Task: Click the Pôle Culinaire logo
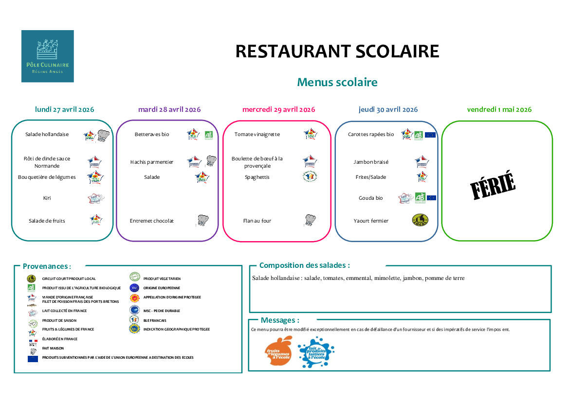pos(47,56)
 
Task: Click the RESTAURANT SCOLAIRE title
pos(337,51)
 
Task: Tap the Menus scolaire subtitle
pos(337,82)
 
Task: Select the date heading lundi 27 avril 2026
pos(65,109)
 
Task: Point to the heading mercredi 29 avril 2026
pos(278,109)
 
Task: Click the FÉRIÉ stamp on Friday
pos(493,185)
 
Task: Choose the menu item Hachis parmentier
pos(152,162)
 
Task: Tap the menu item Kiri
pos(47,198)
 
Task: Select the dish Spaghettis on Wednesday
pos(257,177)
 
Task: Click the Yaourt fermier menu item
pos(371,221)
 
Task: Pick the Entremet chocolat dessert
pos(152,221)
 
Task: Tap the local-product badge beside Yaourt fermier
pos(420,220)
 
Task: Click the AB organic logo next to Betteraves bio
pos(208,135)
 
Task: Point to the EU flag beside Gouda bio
pos(431,198)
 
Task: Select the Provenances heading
pos(47,266)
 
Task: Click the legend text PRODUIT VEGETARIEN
pos(162,279)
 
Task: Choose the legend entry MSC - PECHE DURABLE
pos(162,311)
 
